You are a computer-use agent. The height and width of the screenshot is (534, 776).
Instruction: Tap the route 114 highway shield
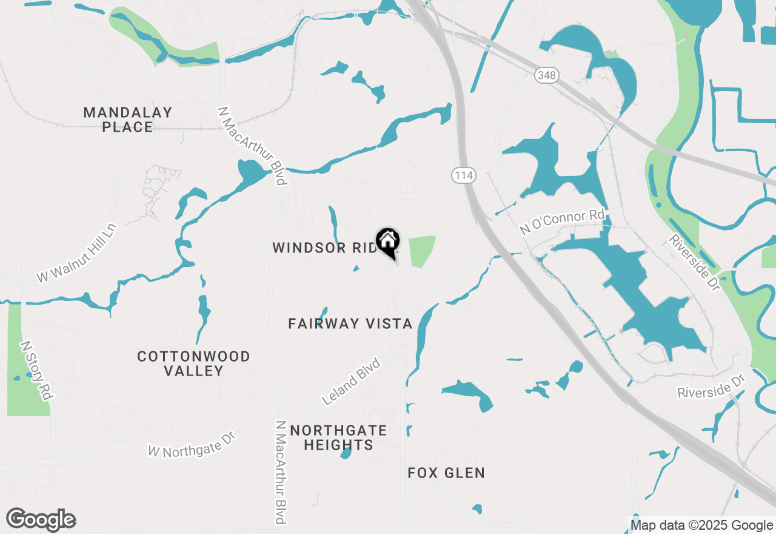tap(463, 175)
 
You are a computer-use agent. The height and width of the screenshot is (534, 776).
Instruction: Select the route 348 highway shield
tap(546, 75)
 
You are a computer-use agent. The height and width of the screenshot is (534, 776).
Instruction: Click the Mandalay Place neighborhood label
tap(128, 120)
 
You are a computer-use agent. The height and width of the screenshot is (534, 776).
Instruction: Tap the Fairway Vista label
tap(350, 323)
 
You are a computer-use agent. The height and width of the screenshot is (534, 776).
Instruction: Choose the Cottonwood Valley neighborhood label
tap(193, 363)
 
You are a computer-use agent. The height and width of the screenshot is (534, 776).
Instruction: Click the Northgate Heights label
tap(338, 438)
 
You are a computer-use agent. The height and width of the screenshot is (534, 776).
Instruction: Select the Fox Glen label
tap(446, 473)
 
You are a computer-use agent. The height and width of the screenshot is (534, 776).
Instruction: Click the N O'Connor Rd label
tap(563, 222)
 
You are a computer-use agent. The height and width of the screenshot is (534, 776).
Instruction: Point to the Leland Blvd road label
tap(351, 382)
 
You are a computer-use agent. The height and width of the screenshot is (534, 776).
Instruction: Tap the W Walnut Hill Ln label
tap(76, 252)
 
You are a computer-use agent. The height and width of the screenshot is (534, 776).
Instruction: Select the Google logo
tap(41, 520)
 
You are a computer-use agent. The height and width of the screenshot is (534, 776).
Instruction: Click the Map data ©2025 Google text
tap(701, 526)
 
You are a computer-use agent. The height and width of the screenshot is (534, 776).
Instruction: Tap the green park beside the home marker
tap(422, 251)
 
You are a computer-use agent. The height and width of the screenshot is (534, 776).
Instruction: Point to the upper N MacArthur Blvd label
tap(252, 146)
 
